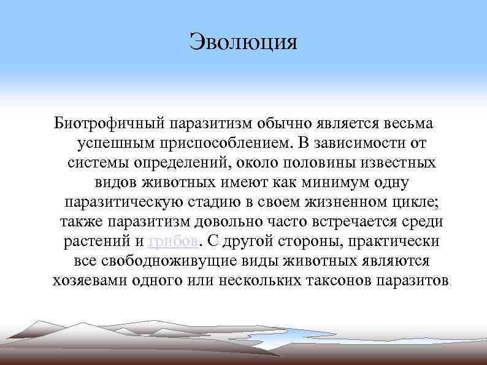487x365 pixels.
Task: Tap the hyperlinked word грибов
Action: pyautogui.click(x=173, y=241)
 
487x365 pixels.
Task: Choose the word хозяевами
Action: pyautogui.click(x=88, y=280)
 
